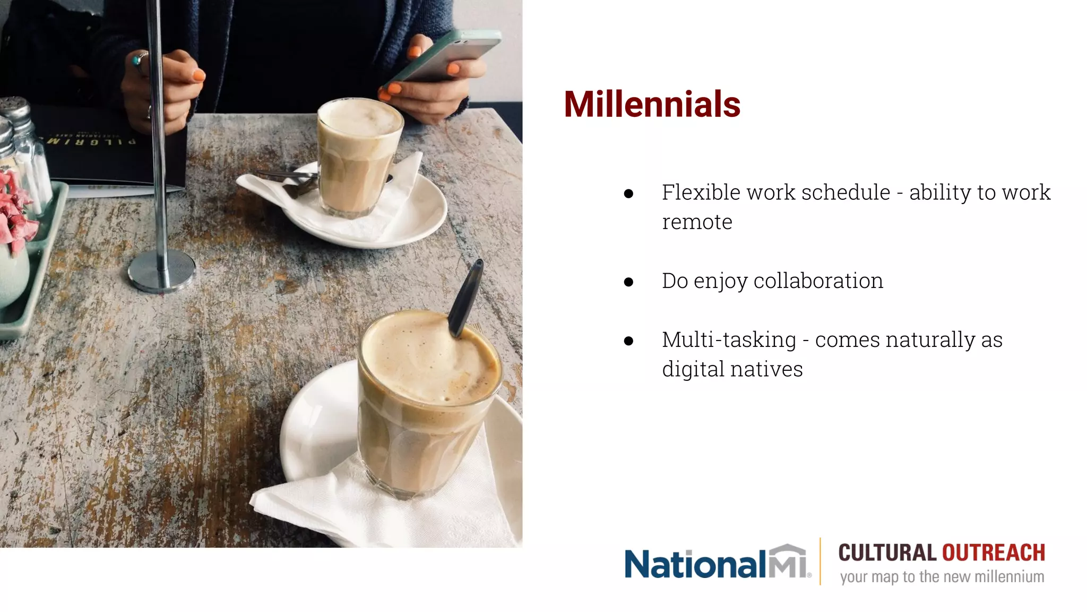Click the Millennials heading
[652, 104]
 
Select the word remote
[696, 222]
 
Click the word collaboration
[818, 281]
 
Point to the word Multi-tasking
[729, 340]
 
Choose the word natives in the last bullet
[777, 369]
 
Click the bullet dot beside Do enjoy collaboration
[629, 282]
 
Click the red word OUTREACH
[993, 553]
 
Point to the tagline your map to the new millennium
[942, 577]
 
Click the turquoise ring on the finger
[139, 59]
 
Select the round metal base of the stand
[161, 270]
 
